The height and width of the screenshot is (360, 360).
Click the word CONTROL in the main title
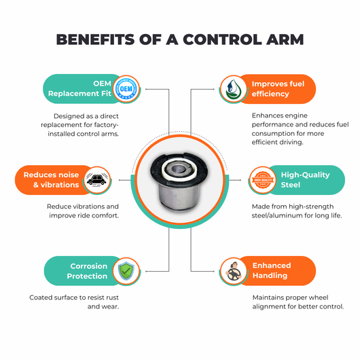pos(222,39)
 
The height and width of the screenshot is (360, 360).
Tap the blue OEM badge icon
pos(126,88)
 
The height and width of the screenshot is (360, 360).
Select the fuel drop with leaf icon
pos(233,89)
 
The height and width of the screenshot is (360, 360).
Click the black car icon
pos(96,180)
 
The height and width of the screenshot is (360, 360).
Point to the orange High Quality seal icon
pos(263,180)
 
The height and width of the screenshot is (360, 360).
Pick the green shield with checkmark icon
pos(126,271)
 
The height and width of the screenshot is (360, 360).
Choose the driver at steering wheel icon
pos(233,271)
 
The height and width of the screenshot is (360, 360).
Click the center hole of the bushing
pos(178,169)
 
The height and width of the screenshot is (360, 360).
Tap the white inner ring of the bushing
pos(179,170)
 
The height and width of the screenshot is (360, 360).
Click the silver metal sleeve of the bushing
pos(180,196)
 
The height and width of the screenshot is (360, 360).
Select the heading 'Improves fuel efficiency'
pos(278,89)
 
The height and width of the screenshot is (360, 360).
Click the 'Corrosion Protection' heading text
pos(87,271)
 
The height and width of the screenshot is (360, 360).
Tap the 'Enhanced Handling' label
pos(272,270)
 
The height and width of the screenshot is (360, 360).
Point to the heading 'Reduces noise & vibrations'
pos(51,180)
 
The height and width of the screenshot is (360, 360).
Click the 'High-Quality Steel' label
pos(305,180)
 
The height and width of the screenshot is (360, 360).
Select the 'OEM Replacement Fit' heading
pos(79,88)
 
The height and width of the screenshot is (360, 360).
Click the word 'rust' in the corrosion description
pos(112,298)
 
